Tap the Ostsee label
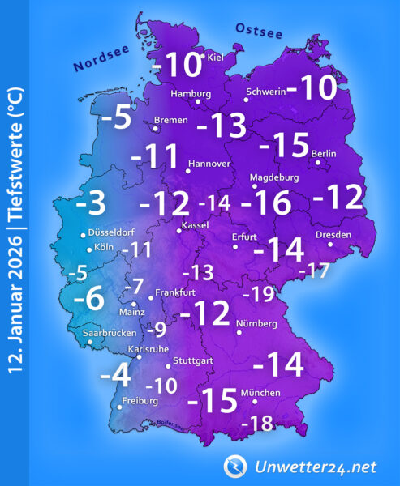click(x=259, y=31)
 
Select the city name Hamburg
click(x=191, y=93)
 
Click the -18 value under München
click(x=259, y=423)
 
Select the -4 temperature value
click(x=114, y=375)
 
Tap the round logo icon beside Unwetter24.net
click(x=235, y=466)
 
